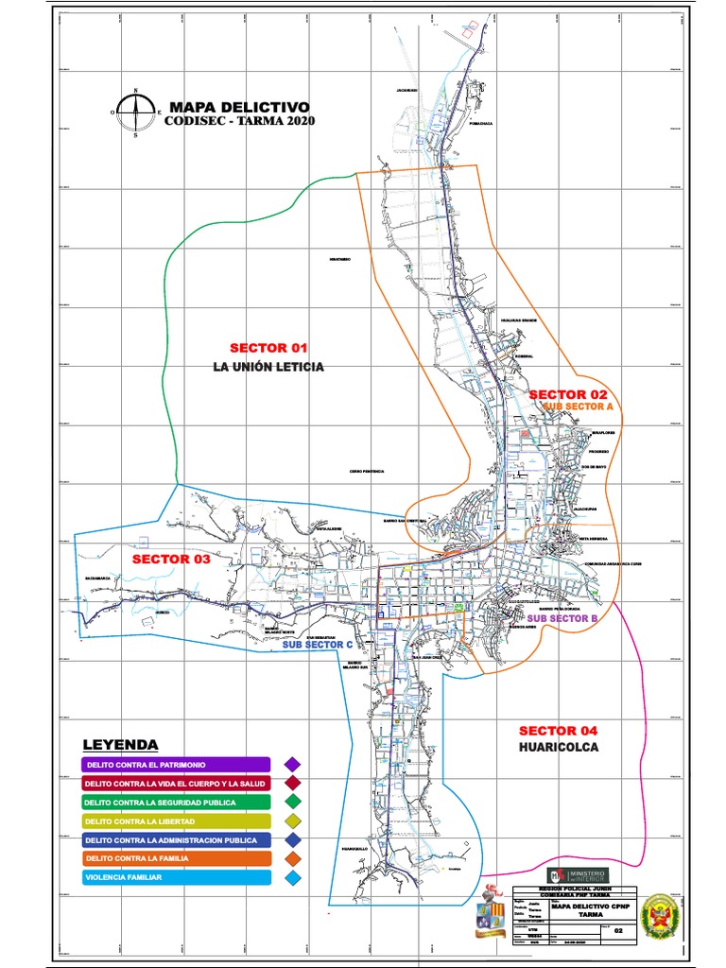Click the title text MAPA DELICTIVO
[237, 107]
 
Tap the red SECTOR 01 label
[270, 348]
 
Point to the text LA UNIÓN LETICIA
[268, 367]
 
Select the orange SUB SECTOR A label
[579, 406]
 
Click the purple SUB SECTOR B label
[562, 618]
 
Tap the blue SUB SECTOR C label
[318, 644]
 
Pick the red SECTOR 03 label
[171, 560]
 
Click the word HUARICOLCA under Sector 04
[559, 747]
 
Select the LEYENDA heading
[120, 745]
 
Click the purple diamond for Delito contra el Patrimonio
[293, 764]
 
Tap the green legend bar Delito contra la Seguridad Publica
[176, 803]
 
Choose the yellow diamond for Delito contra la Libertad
[293, 821]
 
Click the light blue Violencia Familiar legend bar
[176, 878]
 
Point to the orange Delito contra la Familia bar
[176, 859]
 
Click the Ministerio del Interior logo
[579, 874]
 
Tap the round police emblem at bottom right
[658, 916]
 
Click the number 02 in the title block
[619, 930]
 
